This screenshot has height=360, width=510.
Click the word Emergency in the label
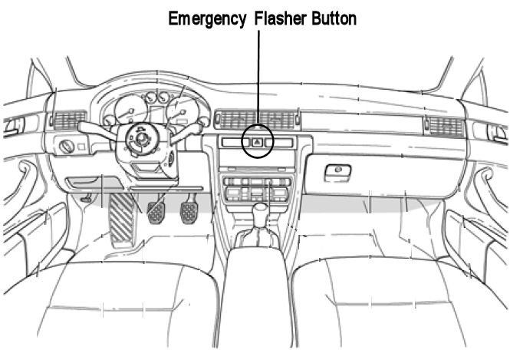tap(205, 18)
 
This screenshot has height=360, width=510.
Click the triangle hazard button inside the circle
tap(258, 141)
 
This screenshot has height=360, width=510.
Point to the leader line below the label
tap(258, 77)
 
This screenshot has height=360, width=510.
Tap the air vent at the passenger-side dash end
tap(445, 126)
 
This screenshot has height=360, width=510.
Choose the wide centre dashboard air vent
tap(257, 119)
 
